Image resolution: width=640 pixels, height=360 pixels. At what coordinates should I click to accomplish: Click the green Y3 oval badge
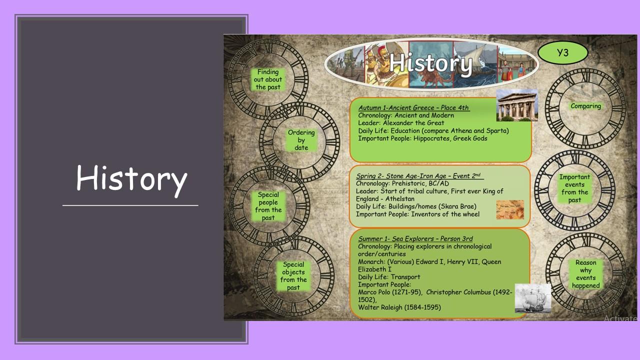[x=562, y=53]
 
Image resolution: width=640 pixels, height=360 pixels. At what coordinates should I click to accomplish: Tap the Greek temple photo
[x=517, y=105]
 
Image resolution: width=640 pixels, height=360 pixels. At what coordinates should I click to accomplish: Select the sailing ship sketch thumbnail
[x=533, y=298]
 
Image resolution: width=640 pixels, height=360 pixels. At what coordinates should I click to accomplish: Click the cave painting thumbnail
[x=510, y=209]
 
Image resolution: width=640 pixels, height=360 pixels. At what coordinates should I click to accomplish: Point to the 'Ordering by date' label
[x=301, y=140]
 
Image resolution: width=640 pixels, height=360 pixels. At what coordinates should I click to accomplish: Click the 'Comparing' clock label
[x=585, y=106]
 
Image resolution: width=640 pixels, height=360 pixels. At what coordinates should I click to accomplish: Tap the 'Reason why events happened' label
[x=585, y=274]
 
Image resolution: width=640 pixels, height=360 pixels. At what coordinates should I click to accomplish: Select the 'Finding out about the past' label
[x=267, y=79]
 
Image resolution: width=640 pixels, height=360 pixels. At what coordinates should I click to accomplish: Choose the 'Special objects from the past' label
[x=293, y=276]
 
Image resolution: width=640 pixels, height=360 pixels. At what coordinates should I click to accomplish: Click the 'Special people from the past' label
[x=268, y=206]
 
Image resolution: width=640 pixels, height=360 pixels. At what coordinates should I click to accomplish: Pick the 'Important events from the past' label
[x=574, y=188]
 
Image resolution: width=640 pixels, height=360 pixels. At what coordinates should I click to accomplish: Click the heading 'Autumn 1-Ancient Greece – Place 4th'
[x=413, y=107]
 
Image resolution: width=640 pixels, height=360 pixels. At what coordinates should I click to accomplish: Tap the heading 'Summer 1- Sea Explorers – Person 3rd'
[x=415, y=238]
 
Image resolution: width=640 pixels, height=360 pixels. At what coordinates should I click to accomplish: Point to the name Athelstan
[x=399, y=199]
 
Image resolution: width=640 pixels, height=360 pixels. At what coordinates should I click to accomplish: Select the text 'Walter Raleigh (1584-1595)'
[x=399, y=307]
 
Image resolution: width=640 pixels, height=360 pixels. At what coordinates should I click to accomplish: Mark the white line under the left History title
[x=130, y=205]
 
